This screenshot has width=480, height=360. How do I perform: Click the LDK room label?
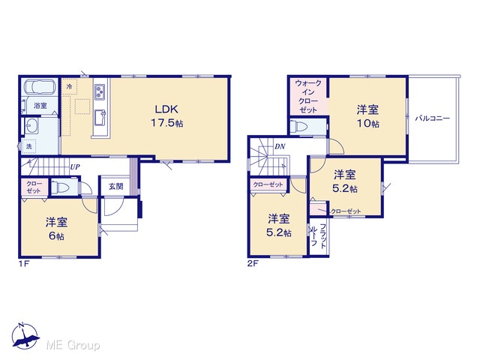tap(166, 109)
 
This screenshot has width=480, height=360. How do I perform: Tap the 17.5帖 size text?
tap(166, 123)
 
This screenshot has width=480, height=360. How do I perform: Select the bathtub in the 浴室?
tap(40, 87)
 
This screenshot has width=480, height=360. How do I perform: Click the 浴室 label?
tap(40, 106)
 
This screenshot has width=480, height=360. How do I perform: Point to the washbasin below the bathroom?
tap(31, 125)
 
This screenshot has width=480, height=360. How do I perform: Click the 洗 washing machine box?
tap(29, 146)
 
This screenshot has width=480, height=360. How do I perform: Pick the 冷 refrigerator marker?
tap(69, 86)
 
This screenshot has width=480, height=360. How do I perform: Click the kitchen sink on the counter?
tap(100, 117)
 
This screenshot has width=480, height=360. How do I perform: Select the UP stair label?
tap(75, 167)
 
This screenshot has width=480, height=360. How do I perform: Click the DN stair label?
tap(280, 147)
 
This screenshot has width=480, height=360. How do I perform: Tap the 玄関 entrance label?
tap(116, 186)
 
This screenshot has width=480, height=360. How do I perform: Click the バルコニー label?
tap(433, 118)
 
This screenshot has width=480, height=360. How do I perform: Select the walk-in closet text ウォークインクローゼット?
tap(308, 97)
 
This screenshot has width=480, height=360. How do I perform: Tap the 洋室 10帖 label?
tap(367, 116)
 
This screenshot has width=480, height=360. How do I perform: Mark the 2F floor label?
tap(253, 263)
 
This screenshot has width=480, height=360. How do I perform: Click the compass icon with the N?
tap(25, 336)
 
